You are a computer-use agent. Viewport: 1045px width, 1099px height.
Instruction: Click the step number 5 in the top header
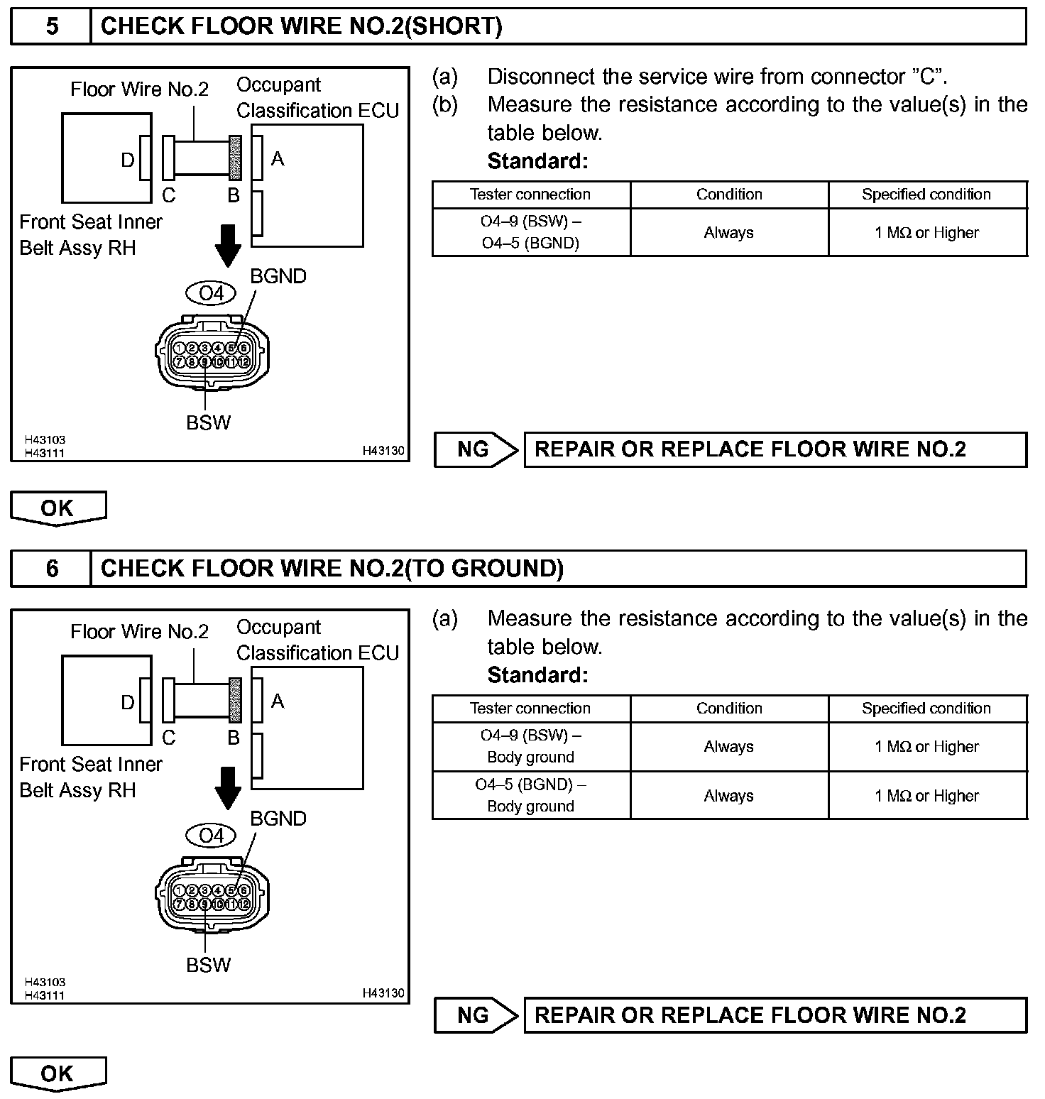tap(52, 27)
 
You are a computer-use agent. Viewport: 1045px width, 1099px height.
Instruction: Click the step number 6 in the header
tap(52, 569)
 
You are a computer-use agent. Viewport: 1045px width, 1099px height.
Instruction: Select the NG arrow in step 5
tap(475, 449)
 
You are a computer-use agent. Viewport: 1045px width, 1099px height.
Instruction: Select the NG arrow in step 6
tap(475, 1015)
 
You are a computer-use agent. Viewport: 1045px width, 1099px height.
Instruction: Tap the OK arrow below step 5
tap(58, 508)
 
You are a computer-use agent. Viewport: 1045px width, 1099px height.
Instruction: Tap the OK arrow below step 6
tap(58, 1073)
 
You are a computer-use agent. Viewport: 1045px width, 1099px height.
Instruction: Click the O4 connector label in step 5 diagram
tap(211, 292)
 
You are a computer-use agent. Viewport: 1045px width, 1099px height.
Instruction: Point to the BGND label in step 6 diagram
tap(278, 819)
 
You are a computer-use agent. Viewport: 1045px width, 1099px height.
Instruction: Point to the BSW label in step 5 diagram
tap(208, 422)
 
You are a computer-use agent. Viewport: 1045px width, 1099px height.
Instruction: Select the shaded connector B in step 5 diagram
tap(234, 158)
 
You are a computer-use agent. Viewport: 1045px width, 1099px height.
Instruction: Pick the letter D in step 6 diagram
tap(128, 702)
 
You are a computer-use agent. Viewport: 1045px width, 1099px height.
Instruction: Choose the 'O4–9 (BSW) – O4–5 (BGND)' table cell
tap(530, 232)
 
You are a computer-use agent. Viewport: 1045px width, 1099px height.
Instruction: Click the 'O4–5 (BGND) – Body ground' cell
tap(530, 795)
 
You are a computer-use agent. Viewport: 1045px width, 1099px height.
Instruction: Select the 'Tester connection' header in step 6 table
tap(530, 709)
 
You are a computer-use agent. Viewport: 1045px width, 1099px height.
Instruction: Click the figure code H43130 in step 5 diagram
tap(383, 451)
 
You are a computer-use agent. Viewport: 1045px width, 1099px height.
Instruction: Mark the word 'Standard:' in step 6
tap(537, 675)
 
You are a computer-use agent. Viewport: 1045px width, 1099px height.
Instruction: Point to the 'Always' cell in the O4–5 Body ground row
tap(728, 796)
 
